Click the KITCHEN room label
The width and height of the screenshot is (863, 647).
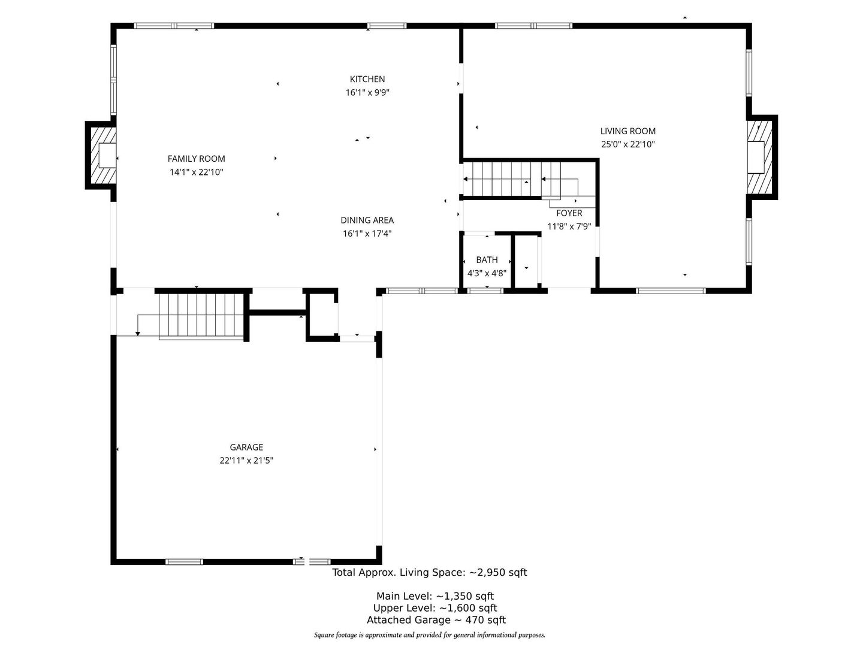367,79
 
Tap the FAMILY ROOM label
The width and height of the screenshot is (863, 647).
196,159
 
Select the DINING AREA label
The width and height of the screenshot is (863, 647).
367,220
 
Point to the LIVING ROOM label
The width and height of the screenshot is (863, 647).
628,131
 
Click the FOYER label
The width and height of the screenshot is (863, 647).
569,213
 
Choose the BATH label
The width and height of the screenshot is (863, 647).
487,259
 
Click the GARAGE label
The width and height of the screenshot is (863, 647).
246,447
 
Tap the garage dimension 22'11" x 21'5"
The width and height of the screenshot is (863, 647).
246,461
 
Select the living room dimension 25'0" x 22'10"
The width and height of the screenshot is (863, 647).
628,144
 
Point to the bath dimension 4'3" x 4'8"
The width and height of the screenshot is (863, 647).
487,273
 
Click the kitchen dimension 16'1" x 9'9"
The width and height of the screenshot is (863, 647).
367,92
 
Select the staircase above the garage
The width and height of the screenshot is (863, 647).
201,316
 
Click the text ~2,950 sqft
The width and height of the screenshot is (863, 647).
498,572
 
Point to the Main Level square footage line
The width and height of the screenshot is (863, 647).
435,596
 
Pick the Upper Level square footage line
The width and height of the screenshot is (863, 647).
435,608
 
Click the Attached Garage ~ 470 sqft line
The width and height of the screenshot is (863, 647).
436,620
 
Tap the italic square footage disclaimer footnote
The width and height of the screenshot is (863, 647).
429,635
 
